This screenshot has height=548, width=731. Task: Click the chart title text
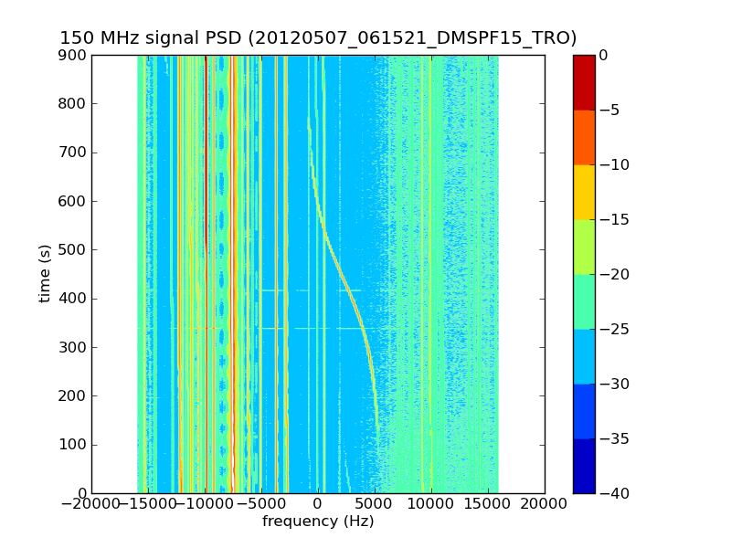tap(318, 38)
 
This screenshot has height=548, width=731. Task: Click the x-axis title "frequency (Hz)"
tap(318, 522)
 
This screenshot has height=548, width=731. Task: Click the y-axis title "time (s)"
tap(45, 274)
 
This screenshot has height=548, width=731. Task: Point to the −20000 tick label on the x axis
tap(91, 505)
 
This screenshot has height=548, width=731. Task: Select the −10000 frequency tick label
tap(205, 505)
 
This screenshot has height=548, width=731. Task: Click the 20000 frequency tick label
tap(545, 505)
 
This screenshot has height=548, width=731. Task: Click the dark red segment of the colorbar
tap(584, 82)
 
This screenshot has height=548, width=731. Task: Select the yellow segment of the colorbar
tap(584, 192)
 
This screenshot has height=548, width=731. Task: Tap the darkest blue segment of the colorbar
tap(584, 466)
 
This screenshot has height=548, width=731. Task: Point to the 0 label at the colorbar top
tap(603, 55)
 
